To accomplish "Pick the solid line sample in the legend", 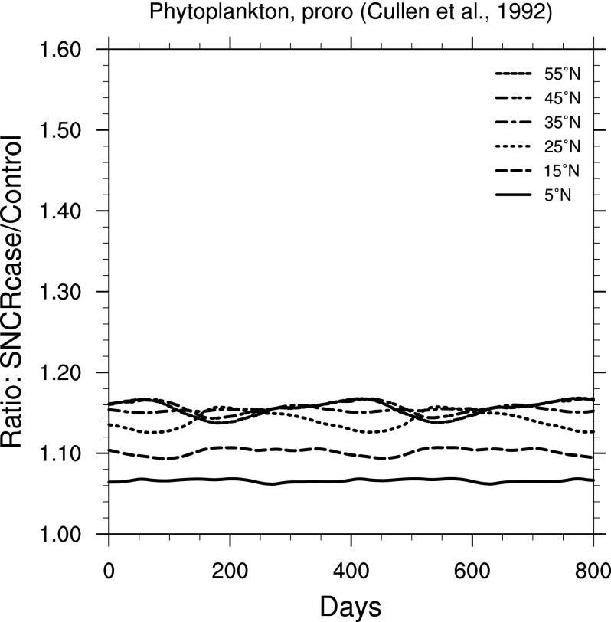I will click(515, 194).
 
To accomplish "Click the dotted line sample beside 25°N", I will click(515, 146).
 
